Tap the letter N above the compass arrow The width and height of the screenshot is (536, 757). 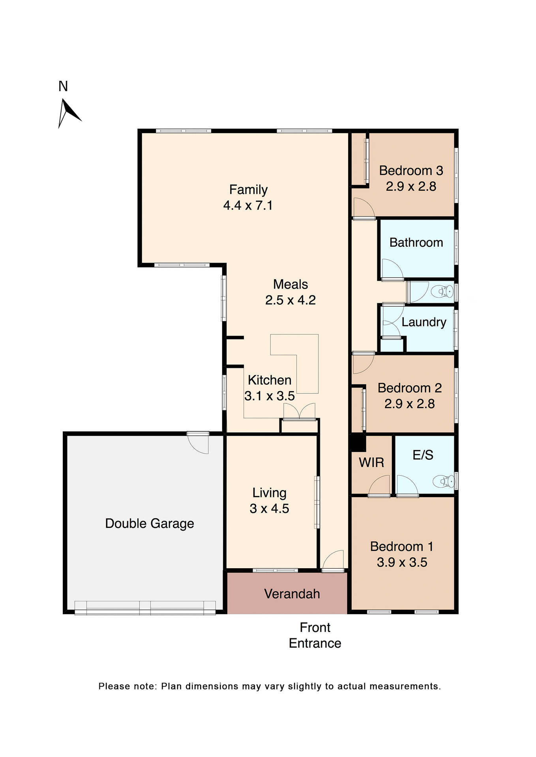click(63, 86)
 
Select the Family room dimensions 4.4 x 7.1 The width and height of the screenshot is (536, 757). click(248, 205)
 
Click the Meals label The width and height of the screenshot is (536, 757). click(290, 284)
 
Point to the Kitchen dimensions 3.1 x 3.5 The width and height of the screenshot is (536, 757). click(269, 396)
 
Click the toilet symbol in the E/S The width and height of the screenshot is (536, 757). click(444, 481)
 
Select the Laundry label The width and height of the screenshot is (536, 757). click(424, 322)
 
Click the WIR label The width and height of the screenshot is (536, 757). click(371, 462)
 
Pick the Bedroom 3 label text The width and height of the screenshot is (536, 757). click(411, 171)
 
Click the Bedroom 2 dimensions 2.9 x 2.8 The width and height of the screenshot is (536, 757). click(409, 404)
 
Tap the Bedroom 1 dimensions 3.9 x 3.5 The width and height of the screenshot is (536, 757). click(402, 562)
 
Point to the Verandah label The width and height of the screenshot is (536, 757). click(292, 594)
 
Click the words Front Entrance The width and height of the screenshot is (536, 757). click(315, 635)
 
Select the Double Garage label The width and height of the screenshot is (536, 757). click(149, 524)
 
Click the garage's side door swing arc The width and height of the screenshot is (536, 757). click(199, 444)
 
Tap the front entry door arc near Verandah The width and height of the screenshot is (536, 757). click(334, 560)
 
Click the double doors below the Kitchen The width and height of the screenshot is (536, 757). click(300, 412)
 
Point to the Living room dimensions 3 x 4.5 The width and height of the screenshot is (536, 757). click(269, 509)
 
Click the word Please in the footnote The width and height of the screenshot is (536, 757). click(114, 686)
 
